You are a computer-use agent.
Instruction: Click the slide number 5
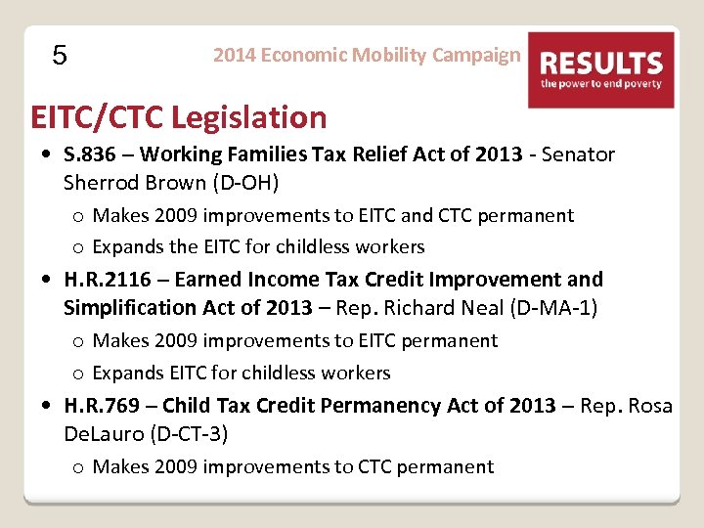(x=60, y=56)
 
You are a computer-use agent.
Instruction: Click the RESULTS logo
(x=601, y=69)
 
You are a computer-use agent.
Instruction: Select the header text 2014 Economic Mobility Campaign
(x=367, y=55)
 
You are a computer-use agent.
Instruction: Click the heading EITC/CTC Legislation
(x=179, y=117)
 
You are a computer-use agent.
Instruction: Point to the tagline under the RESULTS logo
(x=601, y=84)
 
